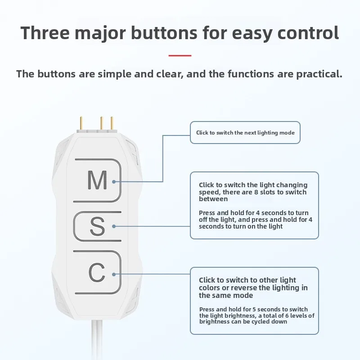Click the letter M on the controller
[97, 180]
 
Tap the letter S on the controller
[97, 226]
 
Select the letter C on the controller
[97, 272]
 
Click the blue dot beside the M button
[114, 182]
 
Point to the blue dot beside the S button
[114, 226]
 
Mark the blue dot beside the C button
[114, 274]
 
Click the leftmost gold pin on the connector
[81, 123]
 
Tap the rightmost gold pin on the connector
[112, 123]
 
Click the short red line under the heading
[180, 55]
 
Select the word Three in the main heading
[45, 32]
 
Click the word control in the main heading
[308, 32]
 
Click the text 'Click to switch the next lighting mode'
[245, 133]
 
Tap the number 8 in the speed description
[256, 192]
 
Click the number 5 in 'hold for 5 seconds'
[254, 310]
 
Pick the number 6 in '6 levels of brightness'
[287, 316]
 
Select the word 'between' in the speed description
[213, 199]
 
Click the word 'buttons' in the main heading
[164, 32]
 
